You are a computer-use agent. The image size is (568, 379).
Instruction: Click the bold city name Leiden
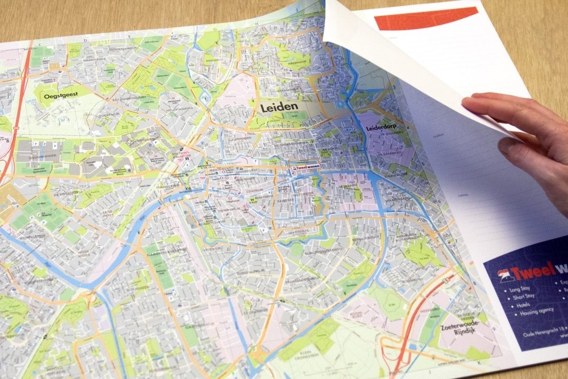279,107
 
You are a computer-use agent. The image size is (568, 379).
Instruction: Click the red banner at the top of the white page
426,18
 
